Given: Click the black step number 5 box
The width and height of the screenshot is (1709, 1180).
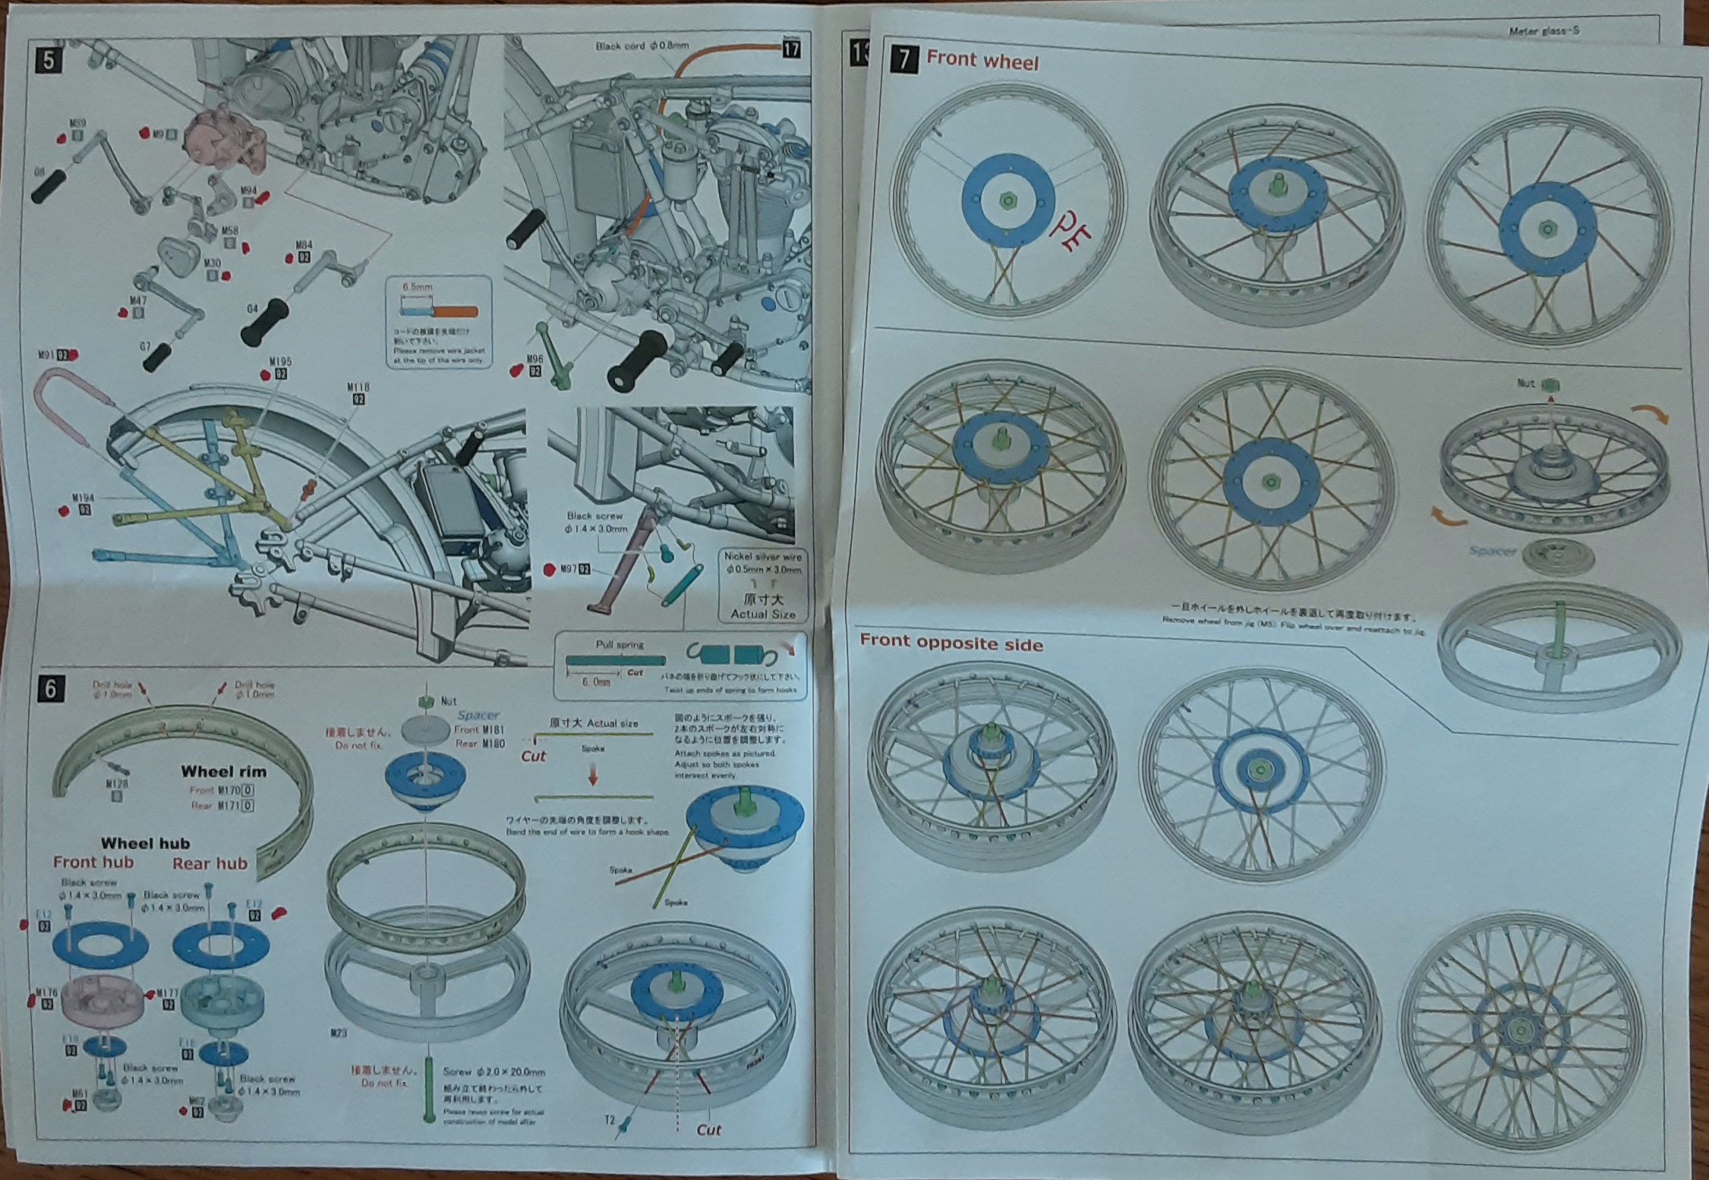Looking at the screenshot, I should point(49,60).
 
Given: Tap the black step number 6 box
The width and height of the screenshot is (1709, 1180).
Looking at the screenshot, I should point(50,688).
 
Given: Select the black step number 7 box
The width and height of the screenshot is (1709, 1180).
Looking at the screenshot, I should point(904,58).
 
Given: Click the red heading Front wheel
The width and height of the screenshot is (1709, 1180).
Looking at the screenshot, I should point(982,60).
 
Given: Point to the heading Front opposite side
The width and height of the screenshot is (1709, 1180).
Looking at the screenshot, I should point(951,643).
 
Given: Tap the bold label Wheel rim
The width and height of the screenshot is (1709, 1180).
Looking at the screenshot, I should point(223,772).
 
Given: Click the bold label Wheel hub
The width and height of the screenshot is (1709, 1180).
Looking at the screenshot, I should point(145,843).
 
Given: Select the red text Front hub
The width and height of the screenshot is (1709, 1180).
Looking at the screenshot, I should point(93,862).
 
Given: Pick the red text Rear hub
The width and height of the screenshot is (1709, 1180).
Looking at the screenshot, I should point(210,864).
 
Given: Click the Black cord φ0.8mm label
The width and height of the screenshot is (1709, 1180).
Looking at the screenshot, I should point(642,46).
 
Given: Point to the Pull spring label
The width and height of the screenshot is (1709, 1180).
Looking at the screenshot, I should point(620,644).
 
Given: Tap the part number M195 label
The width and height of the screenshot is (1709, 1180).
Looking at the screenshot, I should point(280,362).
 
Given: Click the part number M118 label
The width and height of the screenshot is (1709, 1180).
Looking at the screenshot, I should point(358,388).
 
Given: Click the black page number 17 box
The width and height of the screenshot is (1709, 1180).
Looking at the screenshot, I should point(791,49).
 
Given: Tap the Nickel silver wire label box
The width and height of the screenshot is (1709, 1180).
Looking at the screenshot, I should point(763,584).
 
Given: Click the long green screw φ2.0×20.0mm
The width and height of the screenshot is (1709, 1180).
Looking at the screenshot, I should point(429,1089).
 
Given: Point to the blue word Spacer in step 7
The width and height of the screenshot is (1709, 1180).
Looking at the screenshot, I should point(1492,551).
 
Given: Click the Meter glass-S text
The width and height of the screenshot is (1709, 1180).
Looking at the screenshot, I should point(1543,31).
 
